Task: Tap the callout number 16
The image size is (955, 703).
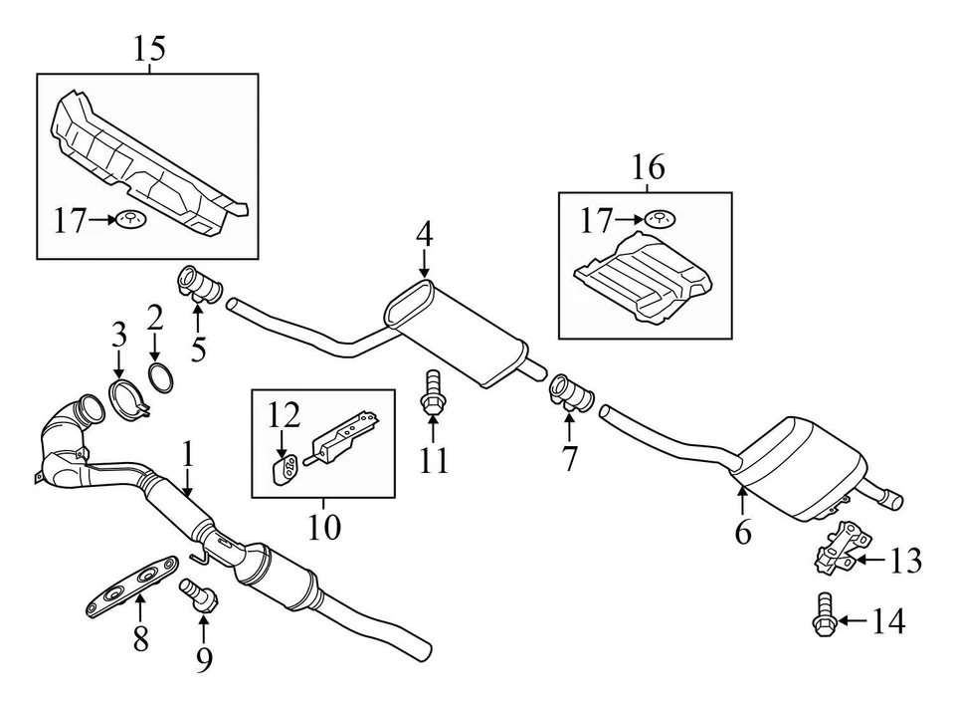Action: tap(649, 167)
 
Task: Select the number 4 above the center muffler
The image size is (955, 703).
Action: tap(425, 235)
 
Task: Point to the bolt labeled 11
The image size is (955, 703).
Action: tap(433, 391)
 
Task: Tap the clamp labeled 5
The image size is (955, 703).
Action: tap(198, 285)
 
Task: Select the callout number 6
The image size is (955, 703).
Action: tap(743, 533)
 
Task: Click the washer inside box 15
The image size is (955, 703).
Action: tap(128, 218)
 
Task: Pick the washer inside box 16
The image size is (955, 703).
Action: tap(656, 217)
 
